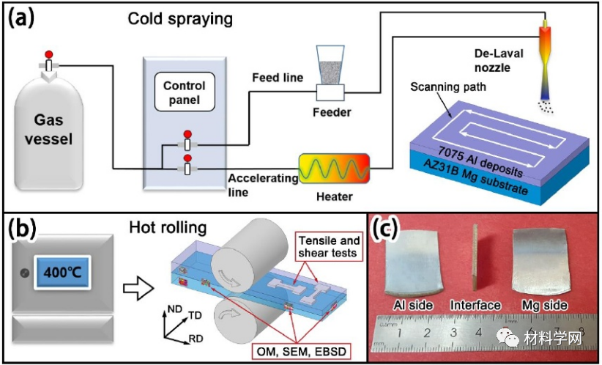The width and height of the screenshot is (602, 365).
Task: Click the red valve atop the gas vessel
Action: tap(49, 56)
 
